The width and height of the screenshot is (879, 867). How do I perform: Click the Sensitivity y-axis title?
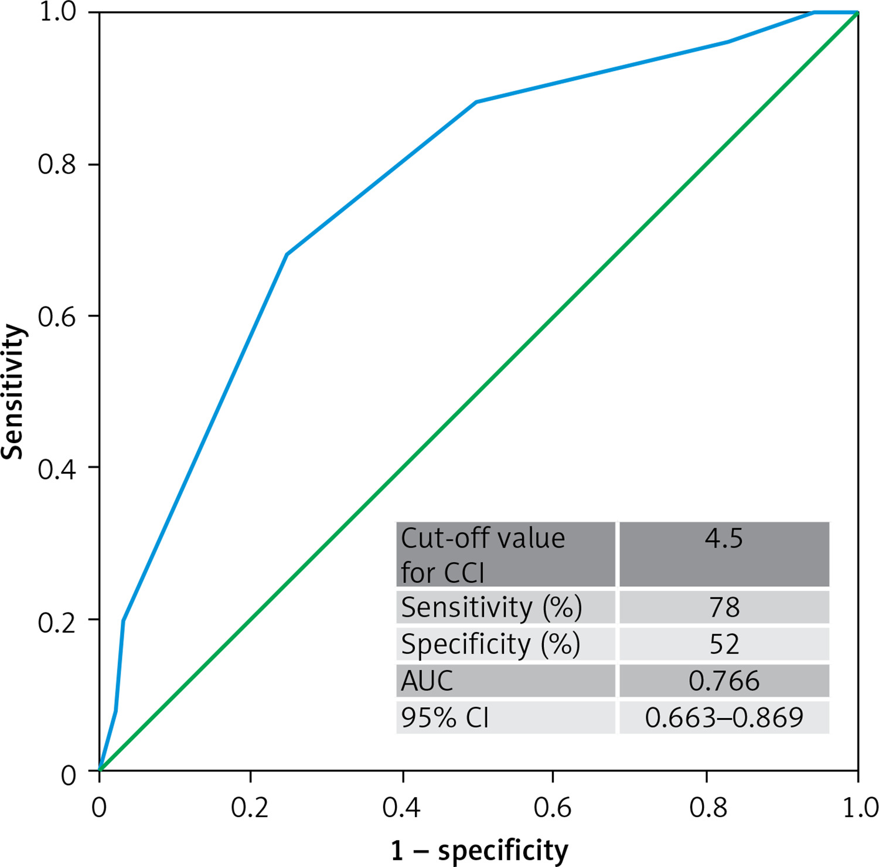point(13,392)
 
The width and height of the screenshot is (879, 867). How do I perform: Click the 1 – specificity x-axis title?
point(479,850)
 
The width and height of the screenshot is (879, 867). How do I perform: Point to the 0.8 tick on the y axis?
point(57,165)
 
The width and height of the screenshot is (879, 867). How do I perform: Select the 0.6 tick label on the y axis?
point(57,317)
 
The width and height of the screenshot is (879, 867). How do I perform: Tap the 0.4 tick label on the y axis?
point(57,469)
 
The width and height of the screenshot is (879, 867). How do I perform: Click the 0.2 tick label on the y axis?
point(57,622)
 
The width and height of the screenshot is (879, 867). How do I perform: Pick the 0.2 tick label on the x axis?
point(250,808)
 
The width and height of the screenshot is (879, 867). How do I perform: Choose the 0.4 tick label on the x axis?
point(401,808)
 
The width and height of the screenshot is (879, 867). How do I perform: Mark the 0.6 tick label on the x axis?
point(553,808)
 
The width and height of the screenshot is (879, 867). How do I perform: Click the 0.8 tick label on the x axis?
point(708,808)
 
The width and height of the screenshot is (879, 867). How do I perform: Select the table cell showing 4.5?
point(724,553)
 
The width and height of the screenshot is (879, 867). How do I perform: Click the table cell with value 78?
point(724,607)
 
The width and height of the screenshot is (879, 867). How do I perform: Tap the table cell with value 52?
point(724,644)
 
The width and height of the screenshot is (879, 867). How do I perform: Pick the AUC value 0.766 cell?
point(724,681)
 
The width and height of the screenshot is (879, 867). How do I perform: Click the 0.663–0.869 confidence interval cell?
point(724,718)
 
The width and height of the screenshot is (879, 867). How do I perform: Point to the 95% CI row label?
point(445,718)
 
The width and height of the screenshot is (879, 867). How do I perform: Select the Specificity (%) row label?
point(490,644)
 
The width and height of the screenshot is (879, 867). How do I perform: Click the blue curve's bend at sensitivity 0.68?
point(287,254)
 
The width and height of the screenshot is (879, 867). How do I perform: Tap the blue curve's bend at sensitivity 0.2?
point(123,620)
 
